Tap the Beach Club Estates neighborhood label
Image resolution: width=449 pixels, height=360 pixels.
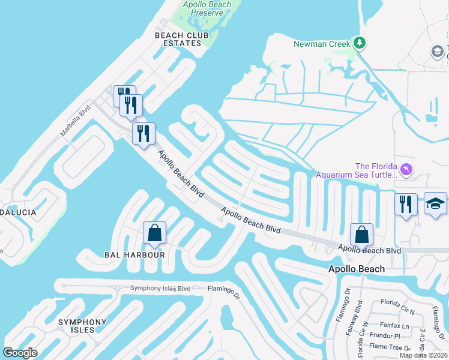[x=178, y=40]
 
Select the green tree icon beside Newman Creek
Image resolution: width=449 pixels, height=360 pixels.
[x=360, y=43]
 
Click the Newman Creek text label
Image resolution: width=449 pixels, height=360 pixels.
[x=322, y=43]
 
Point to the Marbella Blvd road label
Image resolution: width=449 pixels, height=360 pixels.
[x=75, y=123]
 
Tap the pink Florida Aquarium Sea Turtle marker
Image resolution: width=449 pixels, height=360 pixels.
[x=408, y=170]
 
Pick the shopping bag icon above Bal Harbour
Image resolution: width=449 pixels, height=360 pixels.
[x=155, y=233]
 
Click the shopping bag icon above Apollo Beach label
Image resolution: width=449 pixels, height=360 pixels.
[x=362, y=234]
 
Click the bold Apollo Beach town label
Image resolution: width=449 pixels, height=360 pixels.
[x=357, y=269]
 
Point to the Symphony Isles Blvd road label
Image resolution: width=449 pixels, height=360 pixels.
[x=160, y=289]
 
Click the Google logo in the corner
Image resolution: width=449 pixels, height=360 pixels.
[x=20, y=353]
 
